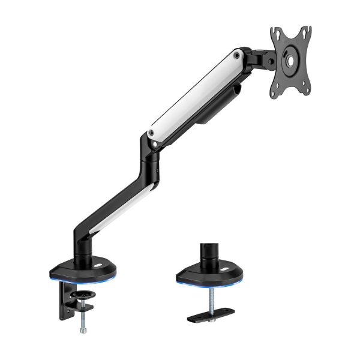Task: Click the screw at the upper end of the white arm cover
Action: click(238, 56)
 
